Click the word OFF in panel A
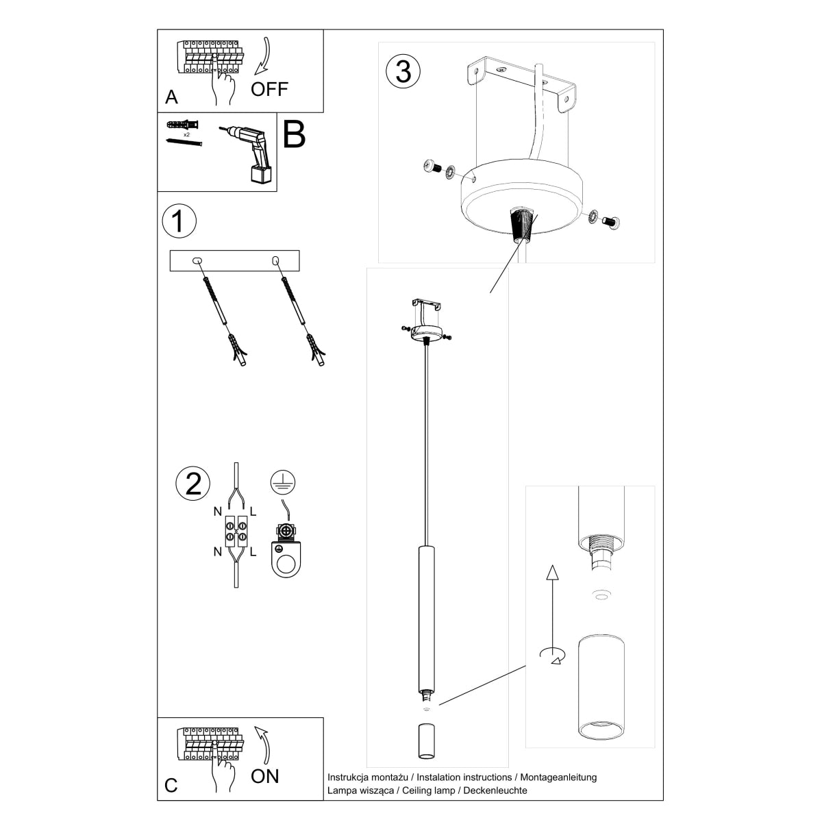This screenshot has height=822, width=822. (x=269, y=89)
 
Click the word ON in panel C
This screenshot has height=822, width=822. (x=265, y=775)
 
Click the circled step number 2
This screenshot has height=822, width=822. (x=193, y=484)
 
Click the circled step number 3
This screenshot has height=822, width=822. (x=403, y=71)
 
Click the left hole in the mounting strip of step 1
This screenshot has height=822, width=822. (x=197, y=260)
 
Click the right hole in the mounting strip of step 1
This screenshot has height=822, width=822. (x=275, y=260)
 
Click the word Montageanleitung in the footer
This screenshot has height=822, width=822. (x=558, y=777)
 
